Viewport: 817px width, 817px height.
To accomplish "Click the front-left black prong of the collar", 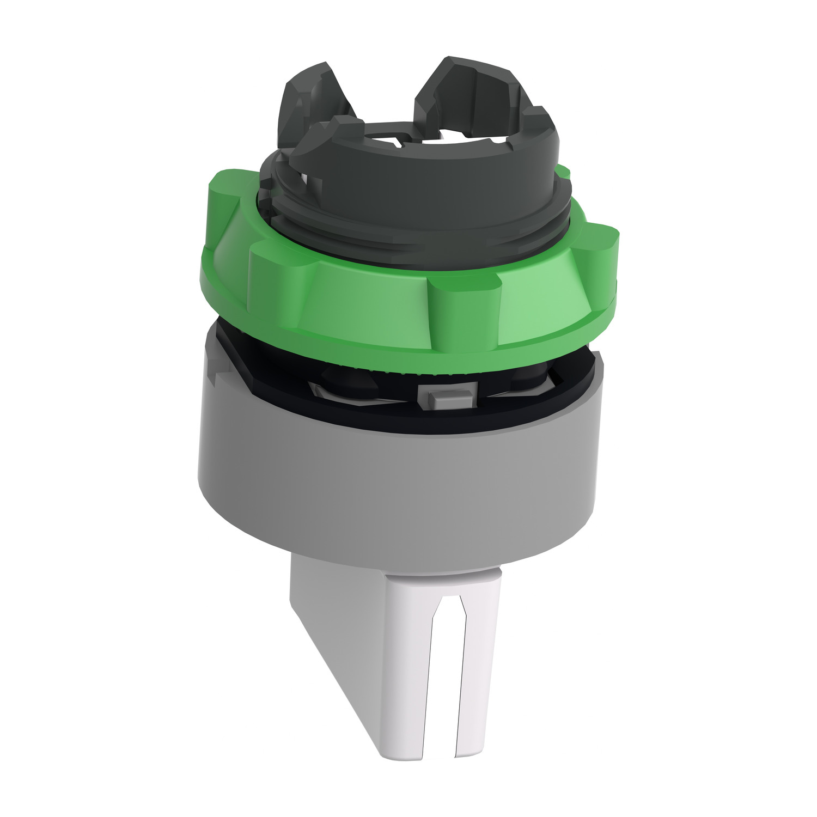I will (x=332, y=136).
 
